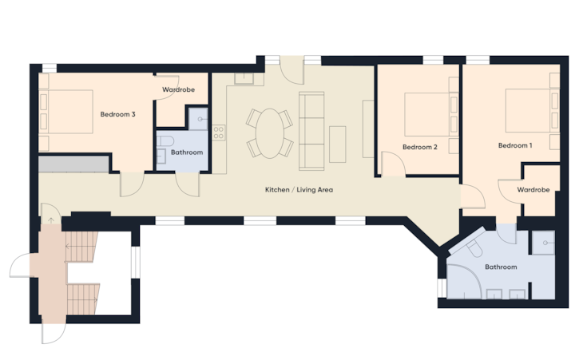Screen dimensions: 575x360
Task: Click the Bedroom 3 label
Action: tap(117, 114)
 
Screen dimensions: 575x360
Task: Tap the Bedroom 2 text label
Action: tap(420, 147)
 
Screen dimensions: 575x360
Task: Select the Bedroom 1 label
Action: tap(515, 145)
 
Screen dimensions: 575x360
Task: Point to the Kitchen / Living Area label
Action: tap(299, 190)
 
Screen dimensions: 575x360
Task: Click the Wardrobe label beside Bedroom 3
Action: tap(178, 89)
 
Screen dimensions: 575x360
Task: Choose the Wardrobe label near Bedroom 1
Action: tap(533, 190)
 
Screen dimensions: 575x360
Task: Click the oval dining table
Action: tap(270, 133)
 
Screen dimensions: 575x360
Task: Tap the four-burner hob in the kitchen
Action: tap(219, 133)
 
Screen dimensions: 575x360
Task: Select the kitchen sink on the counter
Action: tap(244, 78)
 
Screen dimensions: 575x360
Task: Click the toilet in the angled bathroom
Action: tap(474, 248)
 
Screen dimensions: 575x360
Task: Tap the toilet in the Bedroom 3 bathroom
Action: tap(165, 140)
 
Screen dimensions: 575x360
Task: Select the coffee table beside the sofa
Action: tap(337, 144)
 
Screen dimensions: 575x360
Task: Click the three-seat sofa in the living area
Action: tap(311, 131)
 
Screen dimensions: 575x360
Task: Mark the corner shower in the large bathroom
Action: tap(463, 282)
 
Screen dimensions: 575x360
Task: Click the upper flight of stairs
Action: tap(81, 247)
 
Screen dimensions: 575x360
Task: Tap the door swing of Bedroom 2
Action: tap(394, 164)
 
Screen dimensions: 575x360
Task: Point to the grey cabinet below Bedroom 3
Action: tap(73, 164)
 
